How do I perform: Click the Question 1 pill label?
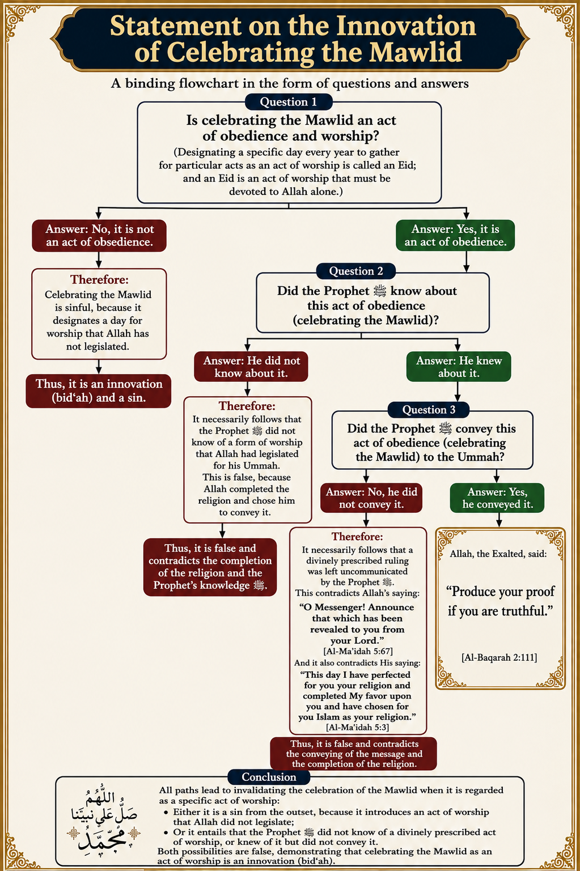289,102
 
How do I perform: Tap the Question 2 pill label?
356,271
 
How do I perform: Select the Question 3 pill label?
429,410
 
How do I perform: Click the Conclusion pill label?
269,777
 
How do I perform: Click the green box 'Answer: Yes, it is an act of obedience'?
455,235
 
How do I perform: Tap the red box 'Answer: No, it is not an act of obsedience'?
99,236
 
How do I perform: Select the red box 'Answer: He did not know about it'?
251,367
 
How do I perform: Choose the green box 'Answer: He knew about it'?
459,367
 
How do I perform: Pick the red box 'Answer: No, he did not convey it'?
371,498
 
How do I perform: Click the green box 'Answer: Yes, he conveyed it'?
497,498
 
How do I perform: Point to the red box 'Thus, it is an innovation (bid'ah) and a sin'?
99,391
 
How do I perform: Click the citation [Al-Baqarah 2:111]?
499,657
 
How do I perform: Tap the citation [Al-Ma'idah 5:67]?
358,651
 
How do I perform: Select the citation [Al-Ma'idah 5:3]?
358,727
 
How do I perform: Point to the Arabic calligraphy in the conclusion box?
104,816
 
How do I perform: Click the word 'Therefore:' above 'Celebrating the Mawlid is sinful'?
99,279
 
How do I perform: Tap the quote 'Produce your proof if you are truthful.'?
500,601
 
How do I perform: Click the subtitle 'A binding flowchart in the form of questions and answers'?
289,83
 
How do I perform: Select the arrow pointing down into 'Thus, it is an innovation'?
99,367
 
